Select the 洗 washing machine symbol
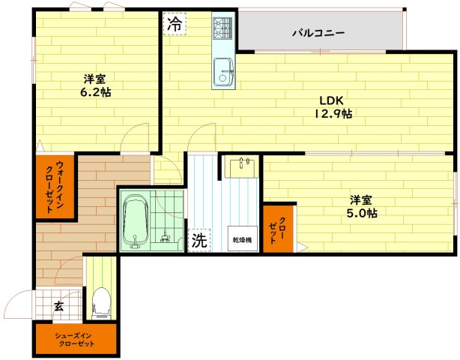coord(198,241)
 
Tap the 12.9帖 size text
coord(333,114)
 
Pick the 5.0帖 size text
coord(361,213)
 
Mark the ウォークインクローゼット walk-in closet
coord(55,187)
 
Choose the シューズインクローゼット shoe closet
coord(75,339)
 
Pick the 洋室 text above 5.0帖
coord(361,200)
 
